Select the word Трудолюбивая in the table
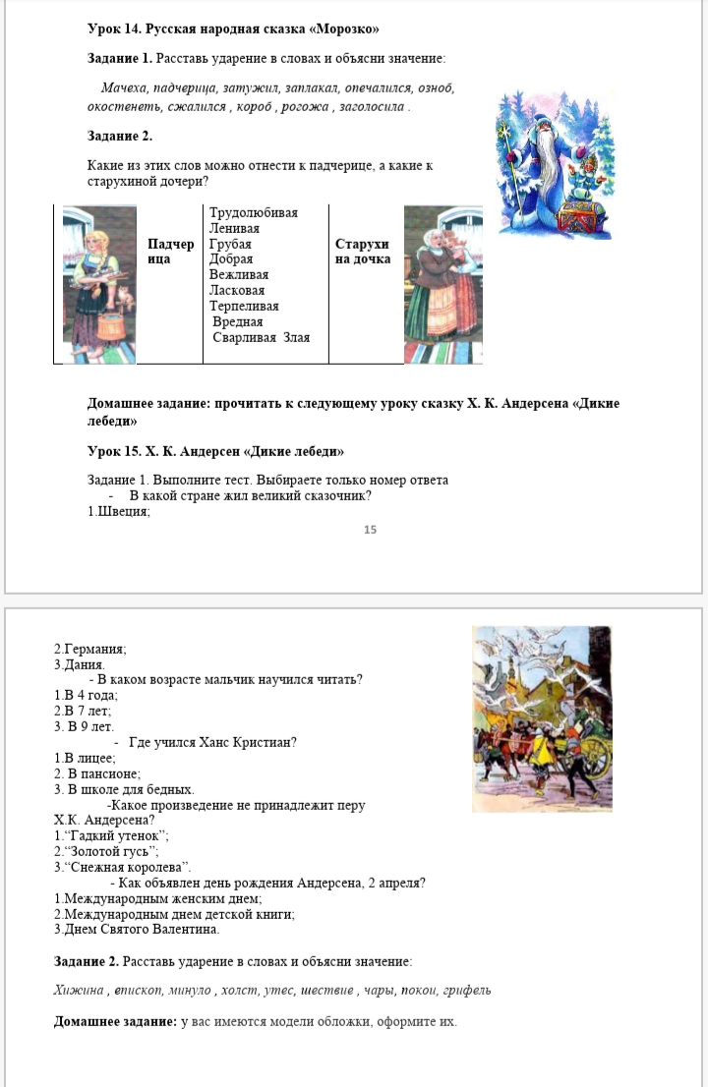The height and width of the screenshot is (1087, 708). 254,212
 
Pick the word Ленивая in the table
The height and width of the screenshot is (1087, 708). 234,228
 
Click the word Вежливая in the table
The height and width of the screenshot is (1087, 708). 239,275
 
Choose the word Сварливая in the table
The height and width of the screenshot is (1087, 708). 246,337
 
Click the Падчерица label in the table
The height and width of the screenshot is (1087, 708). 170,251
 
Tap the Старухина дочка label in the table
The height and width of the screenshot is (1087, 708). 363,251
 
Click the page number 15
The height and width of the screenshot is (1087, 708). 370,530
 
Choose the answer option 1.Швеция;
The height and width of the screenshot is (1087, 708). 119,511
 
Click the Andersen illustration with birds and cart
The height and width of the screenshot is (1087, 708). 542,718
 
